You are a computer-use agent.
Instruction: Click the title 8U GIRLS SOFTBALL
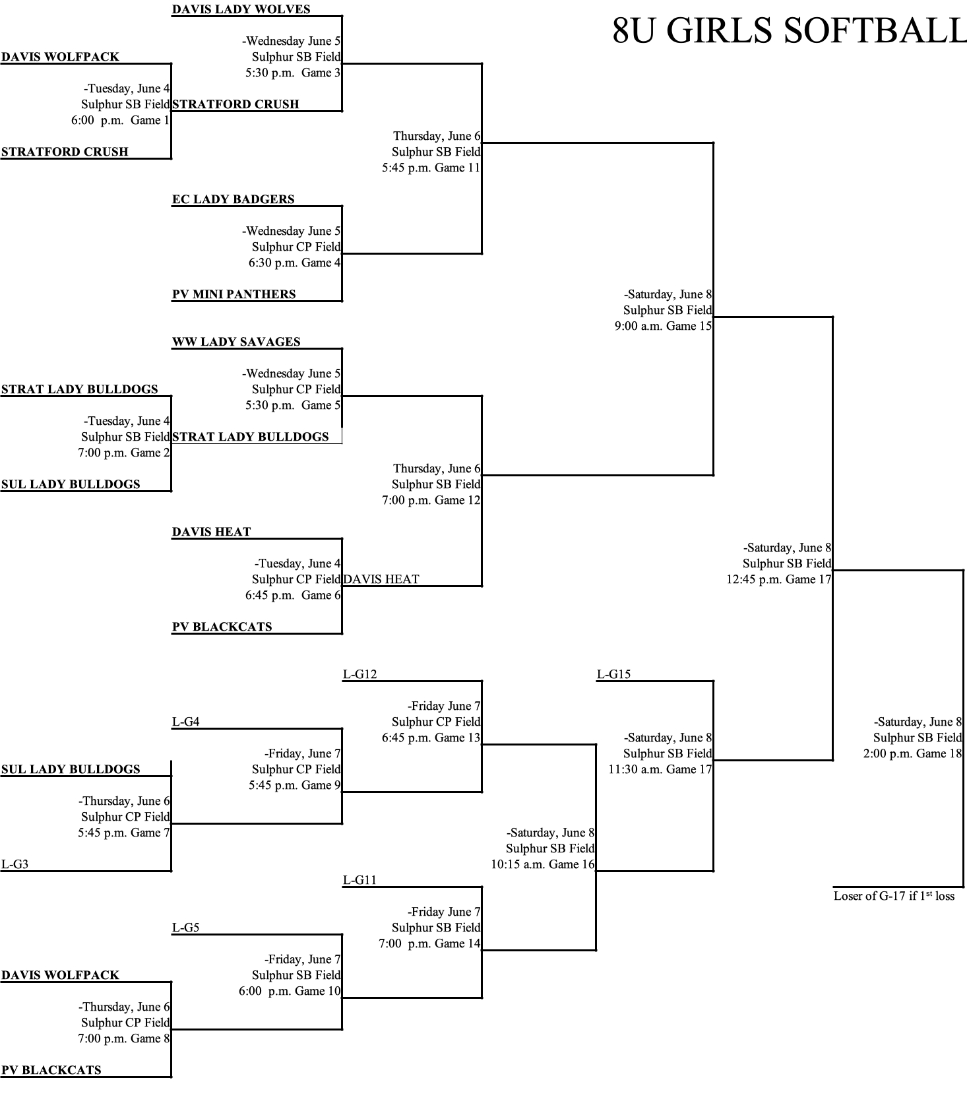click(x=789, y=30)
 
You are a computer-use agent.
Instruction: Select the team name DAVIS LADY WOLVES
click(x=241, y=9)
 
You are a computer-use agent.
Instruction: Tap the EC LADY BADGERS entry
click(x=233, y=199)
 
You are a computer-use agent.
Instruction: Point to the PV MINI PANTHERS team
click(x=234, y=294)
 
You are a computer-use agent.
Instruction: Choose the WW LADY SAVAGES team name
click(x=236, y=342)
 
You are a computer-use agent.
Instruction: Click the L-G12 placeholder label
click(x=359, y=674)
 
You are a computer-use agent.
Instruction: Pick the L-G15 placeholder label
click(x=613, y=674)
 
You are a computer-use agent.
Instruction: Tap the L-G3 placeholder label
click(x=15, y=864)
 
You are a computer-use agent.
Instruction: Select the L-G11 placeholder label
click(x=359, y=880)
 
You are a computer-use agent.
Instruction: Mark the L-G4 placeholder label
click(x=185, y=722)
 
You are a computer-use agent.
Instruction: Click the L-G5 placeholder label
click(x=185, y=928)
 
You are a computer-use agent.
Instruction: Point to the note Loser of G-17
click(x=894, y=896)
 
